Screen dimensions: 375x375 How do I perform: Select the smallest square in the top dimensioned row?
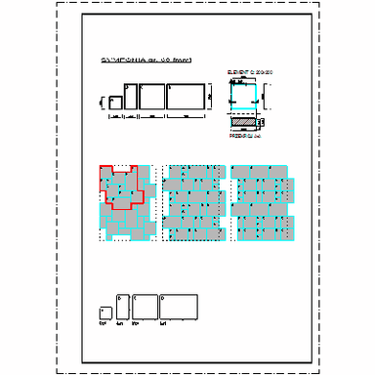coord(113,101)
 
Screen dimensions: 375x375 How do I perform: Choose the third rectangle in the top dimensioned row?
coord(151,96)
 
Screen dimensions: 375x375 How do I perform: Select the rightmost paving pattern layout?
coord(261,201)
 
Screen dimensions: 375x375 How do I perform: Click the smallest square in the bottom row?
coord(104,312)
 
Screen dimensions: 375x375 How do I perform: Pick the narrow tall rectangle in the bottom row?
coord(121,306)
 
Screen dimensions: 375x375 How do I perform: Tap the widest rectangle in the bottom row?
coord(179,306)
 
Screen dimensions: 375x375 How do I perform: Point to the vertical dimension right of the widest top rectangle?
coord(208,97)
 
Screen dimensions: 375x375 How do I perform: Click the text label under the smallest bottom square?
coord(104,323)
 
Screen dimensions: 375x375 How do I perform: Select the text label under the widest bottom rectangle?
coord(165,323)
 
